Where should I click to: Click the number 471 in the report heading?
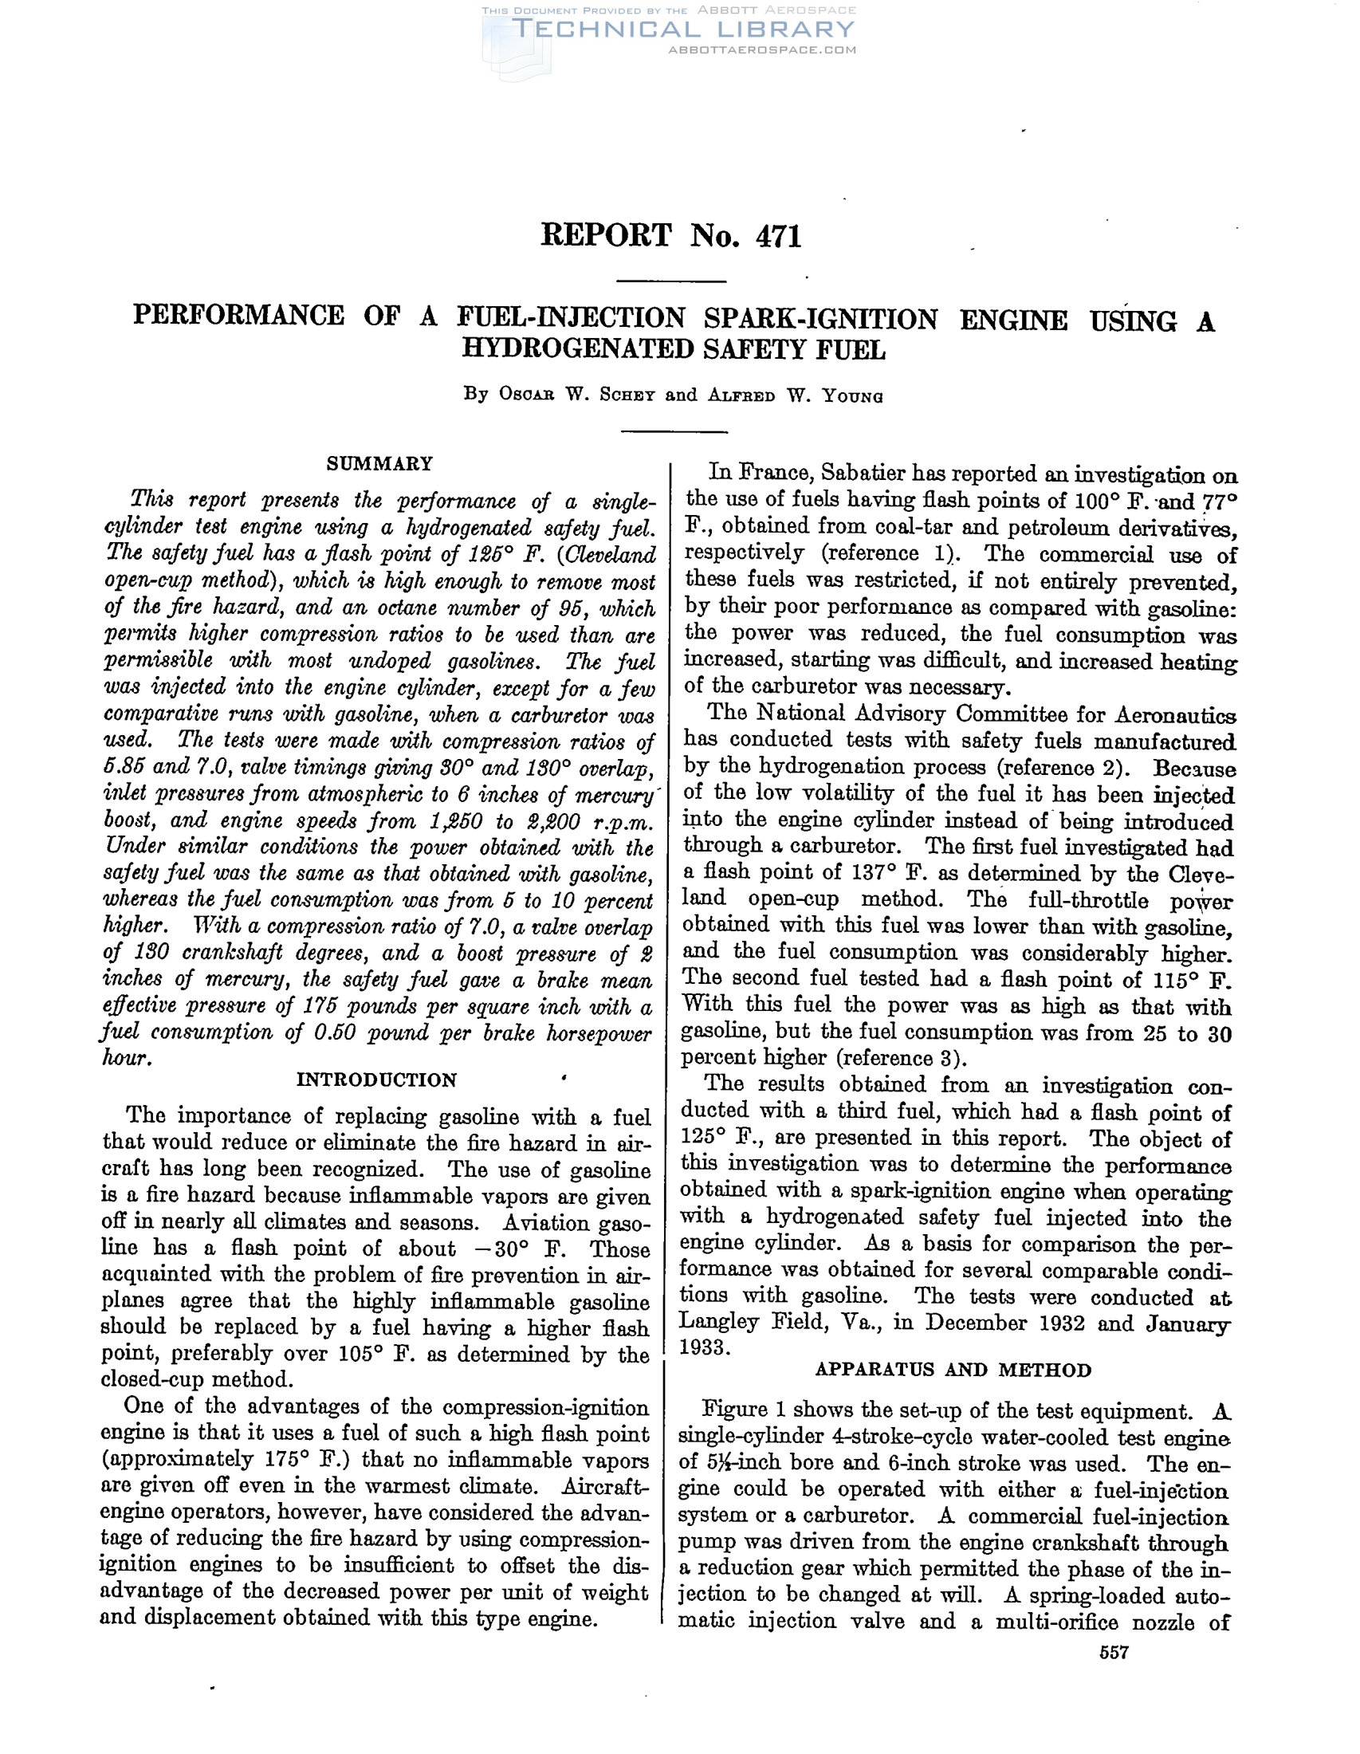point(778,237)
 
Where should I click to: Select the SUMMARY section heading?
point(379,463)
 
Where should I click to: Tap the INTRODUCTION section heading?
point(376,1080)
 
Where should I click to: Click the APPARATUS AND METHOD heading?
point(953,1369)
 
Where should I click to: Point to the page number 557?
point(1114,1652)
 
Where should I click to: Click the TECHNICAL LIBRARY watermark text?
point(682,29)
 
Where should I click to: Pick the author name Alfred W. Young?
point(795,395)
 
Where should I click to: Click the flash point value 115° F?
point(1189,980)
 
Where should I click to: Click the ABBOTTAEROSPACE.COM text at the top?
point(762,49)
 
